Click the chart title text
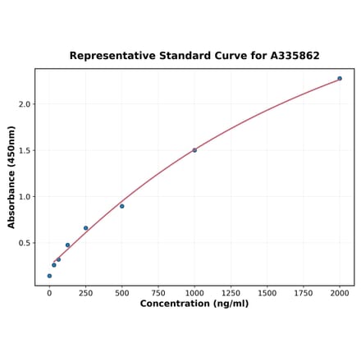point(194,56)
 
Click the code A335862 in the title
point(291,56)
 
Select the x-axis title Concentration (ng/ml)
point(194,304)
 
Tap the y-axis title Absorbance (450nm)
point(11,176)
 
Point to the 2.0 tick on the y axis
point(24,104)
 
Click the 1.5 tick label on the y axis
point(24,150)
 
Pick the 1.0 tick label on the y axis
point(24,197)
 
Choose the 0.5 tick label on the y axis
point(24,243)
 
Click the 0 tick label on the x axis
point(49,292)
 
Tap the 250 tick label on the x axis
point(85,292)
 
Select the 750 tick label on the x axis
point(158,292)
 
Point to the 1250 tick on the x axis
point(231,292)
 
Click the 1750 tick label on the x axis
point(304,292)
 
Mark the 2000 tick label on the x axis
point(340,292)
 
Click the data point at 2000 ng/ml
point(340,79)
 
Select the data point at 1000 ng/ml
point(194,150)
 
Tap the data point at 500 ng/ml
point(122,206)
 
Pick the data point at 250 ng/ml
point(85,228)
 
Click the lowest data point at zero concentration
point(49,276)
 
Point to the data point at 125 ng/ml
point(67,245)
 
